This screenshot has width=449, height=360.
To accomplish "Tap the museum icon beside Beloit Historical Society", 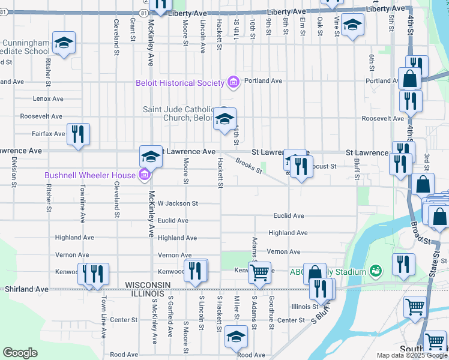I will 234,82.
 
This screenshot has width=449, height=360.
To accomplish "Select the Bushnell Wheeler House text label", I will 90,175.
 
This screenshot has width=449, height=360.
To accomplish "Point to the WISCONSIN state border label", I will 149,284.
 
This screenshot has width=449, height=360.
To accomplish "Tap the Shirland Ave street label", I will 26,289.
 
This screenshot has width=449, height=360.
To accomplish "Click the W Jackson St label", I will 178,203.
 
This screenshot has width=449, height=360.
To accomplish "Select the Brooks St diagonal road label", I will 249,166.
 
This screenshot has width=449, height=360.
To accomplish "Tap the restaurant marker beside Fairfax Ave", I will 78,134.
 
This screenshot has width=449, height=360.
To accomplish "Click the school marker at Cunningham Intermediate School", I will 64,43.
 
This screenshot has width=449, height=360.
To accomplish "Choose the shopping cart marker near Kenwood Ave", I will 259,272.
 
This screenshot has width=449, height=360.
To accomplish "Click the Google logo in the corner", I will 20,353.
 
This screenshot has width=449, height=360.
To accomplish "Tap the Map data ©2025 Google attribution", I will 411,355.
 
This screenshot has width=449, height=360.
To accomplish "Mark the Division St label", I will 13,170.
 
